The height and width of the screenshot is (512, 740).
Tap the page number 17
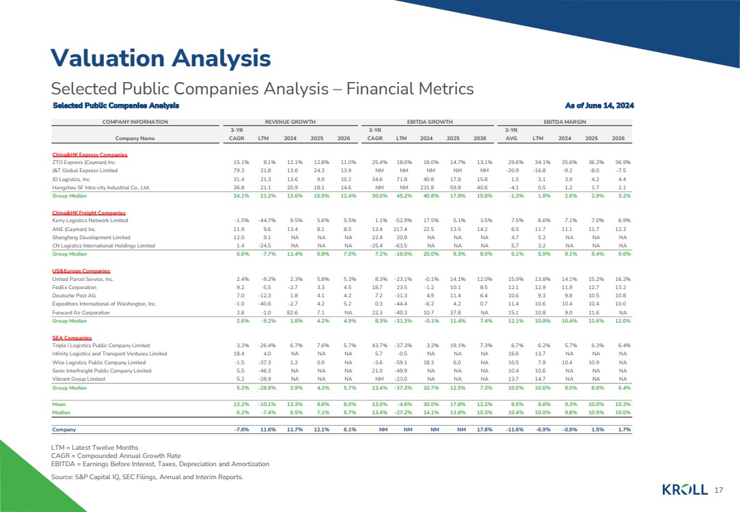[717, 490]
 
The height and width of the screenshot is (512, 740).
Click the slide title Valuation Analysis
[161, 57]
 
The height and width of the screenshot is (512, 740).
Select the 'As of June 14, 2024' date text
[599, 105]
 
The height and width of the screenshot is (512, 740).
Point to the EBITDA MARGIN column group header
[564, 121]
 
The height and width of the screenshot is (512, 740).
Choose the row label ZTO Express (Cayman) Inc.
[84, 161]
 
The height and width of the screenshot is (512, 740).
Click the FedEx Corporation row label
[74, 288]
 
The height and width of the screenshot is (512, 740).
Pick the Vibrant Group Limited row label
[79, 378]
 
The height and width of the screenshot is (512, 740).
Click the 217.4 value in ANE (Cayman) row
[401, 229]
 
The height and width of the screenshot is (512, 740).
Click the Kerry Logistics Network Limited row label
[90, 220]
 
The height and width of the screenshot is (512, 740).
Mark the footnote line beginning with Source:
[148, 476]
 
